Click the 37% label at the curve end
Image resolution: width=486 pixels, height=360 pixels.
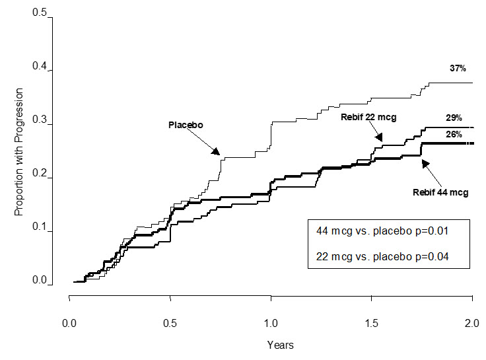[x=458, y=68]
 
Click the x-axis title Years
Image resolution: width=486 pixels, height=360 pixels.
[x=281, y=344]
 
